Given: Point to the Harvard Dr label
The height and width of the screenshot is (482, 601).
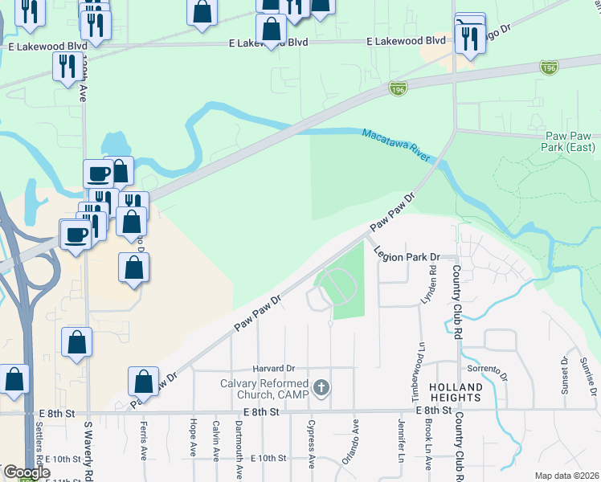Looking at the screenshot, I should (x=274, y=367).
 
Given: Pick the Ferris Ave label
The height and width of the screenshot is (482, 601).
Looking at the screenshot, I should (x=144, y=440).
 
